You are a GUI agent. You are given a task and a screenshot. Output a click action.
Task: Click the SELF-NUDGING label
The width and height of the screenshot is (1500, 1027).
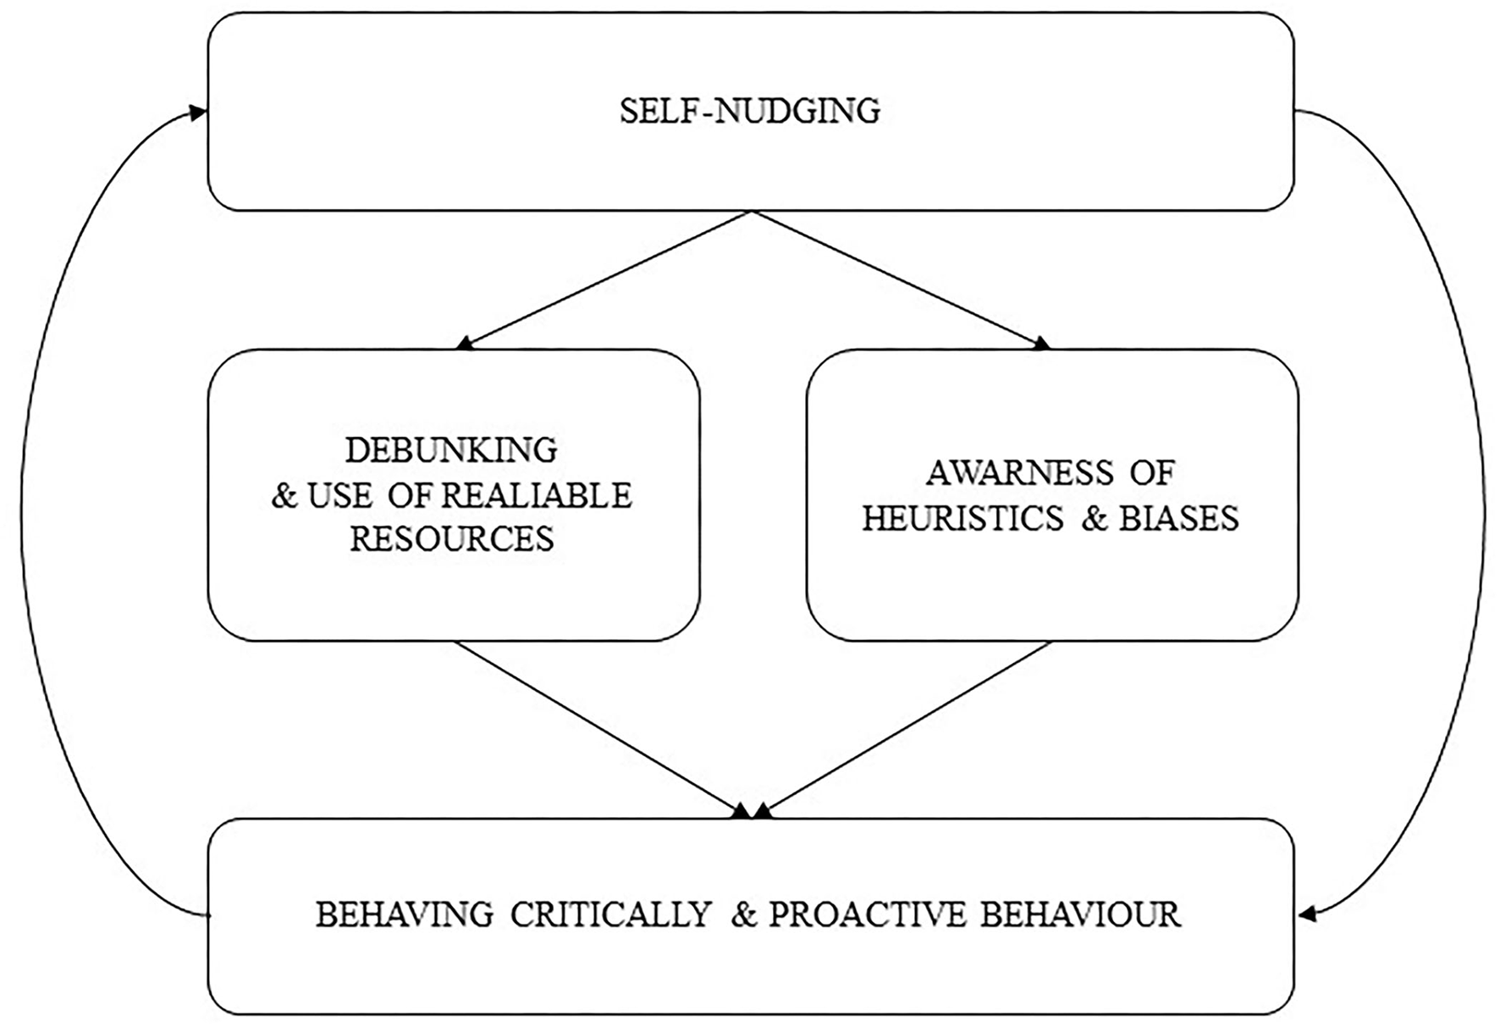[x=750, y=112]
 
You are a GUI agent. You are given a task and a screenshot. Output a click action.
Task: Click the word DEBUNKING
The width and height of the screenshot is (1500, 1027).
[x=451, y=450]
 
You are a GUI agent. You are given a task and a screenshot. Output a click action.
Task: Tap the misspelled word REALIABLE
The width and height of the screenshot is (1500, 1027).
[x=537, y=495]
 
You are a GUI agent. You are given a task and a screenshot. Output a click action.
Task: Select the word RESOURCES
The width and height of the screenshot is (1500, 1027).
[x=452, y=539]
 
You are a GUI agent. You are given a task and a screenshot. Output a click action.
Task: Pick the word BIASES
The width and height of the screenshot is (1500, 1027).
[x=1179, y=518]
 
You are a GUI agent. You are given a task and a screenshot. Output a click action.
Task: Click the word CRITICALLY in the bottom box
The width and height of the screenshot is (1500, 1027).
[x=610, y=915]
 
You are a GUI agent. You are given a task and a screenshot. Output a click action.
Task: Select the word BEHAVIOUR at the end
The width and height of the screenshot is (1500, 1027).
[x=1080, y=915]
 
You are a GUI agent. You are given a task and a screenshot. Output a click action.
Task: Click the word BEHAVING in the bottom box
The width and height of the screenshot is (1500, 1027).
[x=405, y=915]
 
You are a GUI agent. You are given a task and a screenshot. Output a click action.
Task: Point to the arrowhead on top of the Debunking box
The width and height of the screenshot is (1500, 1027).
[x=464, y=344]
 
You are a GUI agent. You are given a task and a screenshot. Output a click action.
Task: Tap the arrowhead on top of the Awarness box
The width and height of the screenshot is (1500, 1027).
[x=1042, y=343]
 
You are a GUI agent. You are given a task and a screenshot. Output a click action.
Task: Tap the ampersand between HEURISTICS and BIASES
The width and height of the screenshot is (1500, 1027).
[x=1095, y=518]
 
